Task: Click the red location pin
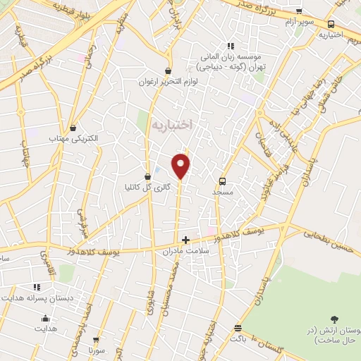[182, 165]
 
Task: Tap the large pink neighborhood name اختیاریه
[173, 124]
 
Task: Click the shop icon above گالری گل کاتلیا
[147, 176]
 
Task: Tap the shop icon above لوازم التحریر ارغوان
[167, 71]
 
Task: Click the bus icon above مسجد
[224, 180]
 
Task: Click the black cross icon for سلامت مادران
[185, 240]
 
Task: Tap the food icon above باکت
[238, 328]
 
